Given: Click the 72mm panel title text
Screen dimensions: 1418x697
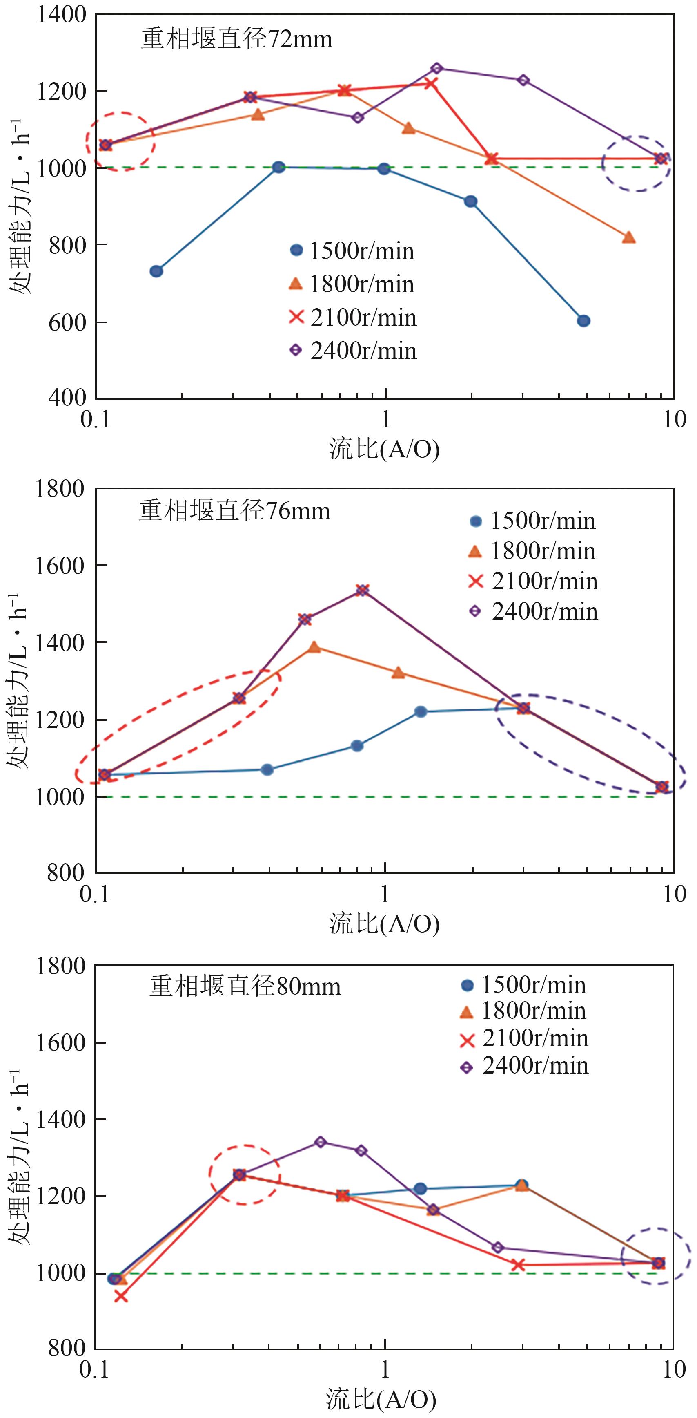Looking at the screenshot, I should (x=236, y=40).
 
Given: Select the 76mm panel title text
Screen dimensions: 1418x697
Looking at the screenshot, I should (x=234, y=511).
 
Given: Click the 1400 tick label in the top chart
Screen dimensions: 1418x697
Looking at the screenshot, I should (x=62, y=15).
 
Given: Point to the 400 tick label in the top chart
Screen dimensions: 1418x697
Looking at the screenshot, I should (x=67, y=398).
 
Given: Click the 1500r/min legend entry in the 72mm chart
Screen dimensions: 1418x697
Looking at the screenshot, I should (x=352, y=251).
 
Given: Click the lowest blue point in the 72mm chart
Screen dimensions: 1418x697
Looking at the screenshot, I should (x=583, y=321).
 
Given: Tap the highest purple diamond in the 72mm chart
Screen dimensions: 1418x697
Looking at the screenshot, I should (x=437, y=68).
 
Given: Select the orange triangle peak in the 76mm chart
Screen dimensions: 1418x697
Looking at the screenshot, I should (x=314, y=647).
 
